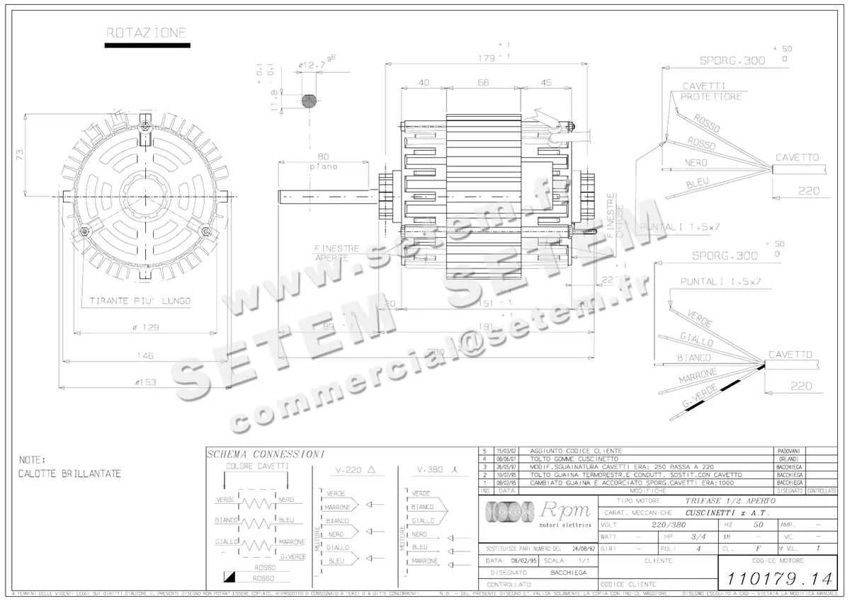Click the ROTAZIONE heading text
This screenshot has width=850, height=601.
coord(147,33)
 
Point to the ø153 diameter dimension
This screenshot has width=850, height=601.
coord(144,382)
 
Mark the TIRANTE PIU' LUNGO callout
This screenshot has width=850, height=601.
coord(140,301)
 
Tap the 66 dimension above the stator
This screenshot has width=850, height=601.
coord(482,83)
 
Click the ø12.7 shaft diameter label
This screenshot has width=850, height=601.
coord(312,65)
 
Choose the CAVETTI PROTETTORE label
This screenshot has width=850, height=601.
coord(712,91)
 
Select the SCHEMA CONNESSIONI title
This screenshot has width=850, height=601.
coord(265,454)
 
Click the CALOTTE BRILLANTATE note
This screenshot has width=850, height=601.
coord(69,474)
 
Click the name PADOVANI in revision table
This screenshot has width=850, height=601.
coord(788,451)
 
